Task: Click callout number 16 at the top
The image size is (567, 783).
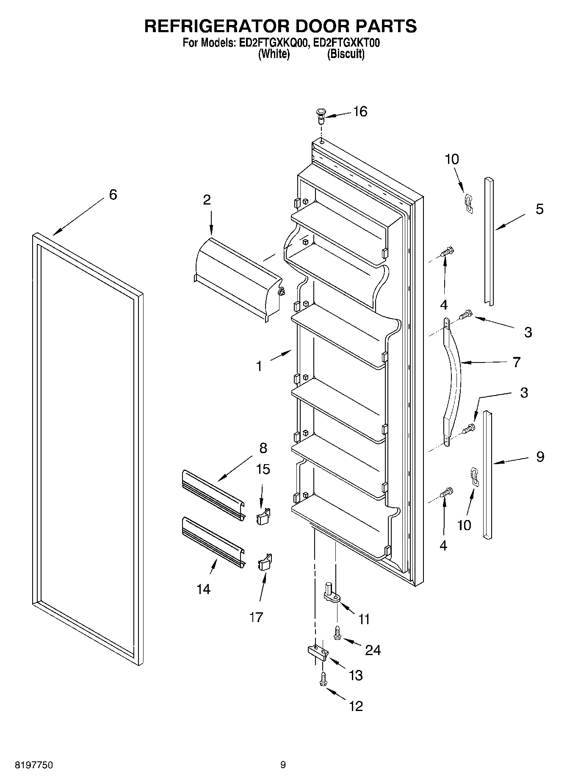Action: (x=360, y=112)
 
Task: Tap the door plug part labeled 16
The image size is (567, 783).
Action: (x=321, y=115)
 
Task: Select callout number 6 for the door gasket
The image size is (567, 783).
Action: (x=113, y=195)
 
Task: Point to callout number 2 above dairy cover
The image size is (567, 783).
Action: (x=207, y=200)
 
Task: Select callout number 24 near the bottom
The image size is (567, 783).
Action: (x=373, y=650)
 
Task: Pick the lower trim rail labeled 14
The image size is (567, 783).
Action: (x=213, y=542)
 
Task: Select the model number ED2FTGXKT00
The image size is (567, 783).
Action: (x=347, y=43)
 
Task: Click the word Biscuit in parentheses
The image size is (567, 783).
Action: (x=346, y=54)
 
